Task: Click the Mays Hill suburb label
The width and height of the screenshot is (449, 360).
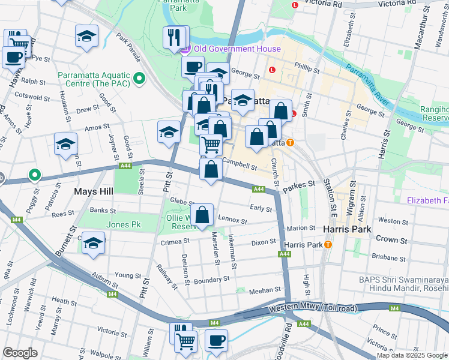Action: [94, 192]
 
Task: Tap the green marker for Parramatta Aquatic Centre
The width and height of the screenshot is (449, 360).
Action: [139, 79]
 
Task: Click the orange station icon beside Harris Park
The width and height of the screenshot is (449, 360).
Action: [328, 245]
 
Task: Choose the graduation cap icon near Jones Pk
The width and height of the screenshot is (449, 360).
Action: [93, 244]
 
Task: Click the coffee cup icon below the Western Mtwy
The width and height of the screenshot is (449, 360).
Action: [216, 340]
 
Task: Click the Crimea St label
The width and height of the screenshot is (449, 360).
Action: [175, 242]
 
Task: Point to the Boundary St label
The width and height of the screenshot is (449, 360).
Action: [211, 279]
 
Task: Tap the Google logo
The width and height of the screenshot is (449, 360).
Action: [20, 353]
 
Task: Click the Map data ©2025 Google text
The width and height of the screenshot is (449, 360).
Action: [411, 355]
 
